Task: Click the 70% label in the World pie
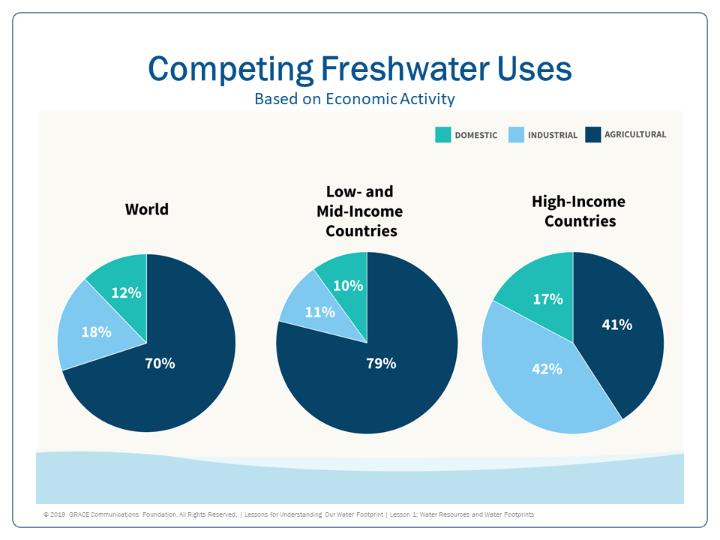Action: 160,364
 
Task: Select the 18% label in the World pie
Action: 97,331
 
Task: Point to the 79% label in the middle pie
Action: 381,364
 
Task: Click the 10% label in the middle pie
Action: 348,286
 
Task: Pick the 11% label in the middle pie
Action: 319,312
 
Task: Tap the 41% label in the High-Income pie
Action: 617,325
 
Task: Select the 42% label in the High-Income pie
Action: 547,369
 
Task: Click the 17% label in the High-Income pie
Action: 548,299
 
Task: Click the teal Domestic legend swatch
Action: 443,135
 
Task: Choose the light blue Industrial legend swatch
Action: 516,135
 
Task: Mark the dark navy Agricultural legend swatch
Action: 593,135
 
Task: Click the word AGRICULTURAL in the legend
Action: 636,135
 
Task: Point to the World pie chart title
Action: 147,209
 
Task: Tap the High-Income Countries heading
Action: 579,211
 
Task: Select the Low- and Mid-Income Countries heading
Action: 360,211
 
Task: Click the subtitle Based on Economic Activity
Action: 355,99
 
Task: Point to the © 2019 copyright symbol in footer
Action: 46,515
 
